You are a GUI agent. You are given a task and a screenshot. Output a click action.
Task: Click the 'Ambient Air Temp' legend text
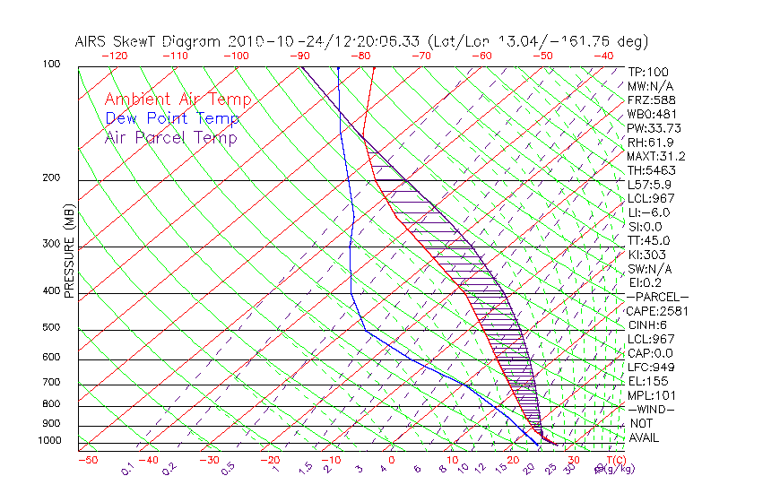click(178, 100)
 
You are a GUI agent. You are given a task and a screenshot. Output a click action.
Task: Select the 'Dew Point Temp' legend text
click(171, 118)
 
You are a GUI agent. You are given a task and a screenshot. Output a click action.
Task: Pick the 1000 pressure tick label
click(50, 441)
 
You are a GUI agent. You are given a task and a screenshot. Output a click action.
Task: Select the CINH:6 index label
click(646, 325)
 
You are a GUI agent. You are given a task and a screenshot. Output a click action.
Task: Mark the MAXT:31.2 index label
click(654, 156)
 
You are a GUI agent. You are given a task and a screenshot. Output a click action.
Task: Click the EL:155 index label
click(646, 381)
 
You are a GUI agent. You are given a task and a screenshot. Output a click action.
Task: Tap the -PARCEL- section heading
click(657, 297)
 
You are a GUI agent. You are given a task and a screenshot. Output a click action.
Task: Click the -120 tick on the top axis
click(114, 56)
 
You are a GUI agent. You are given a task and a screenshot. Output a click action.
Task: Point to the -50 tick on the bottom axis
click(87, 460)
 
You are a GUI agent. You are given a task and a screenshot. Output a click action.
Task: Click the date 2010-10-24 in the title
click(268, 41)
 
